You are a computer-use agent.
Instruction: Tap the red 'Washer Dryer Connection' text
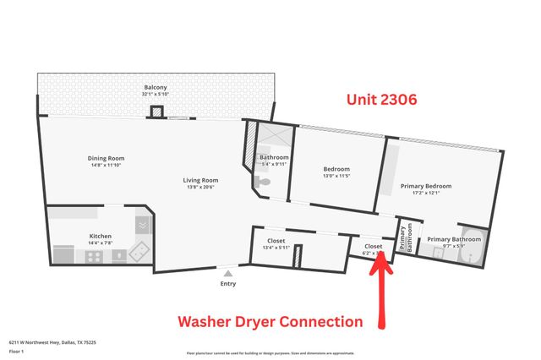pos(269,322)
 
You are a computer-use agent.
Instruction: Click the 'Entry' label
pos(228,284)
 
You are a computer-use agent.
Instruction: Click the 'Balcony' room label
pos(156,87)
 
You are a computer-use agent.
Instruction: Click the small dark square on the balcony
pos(156,112)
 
